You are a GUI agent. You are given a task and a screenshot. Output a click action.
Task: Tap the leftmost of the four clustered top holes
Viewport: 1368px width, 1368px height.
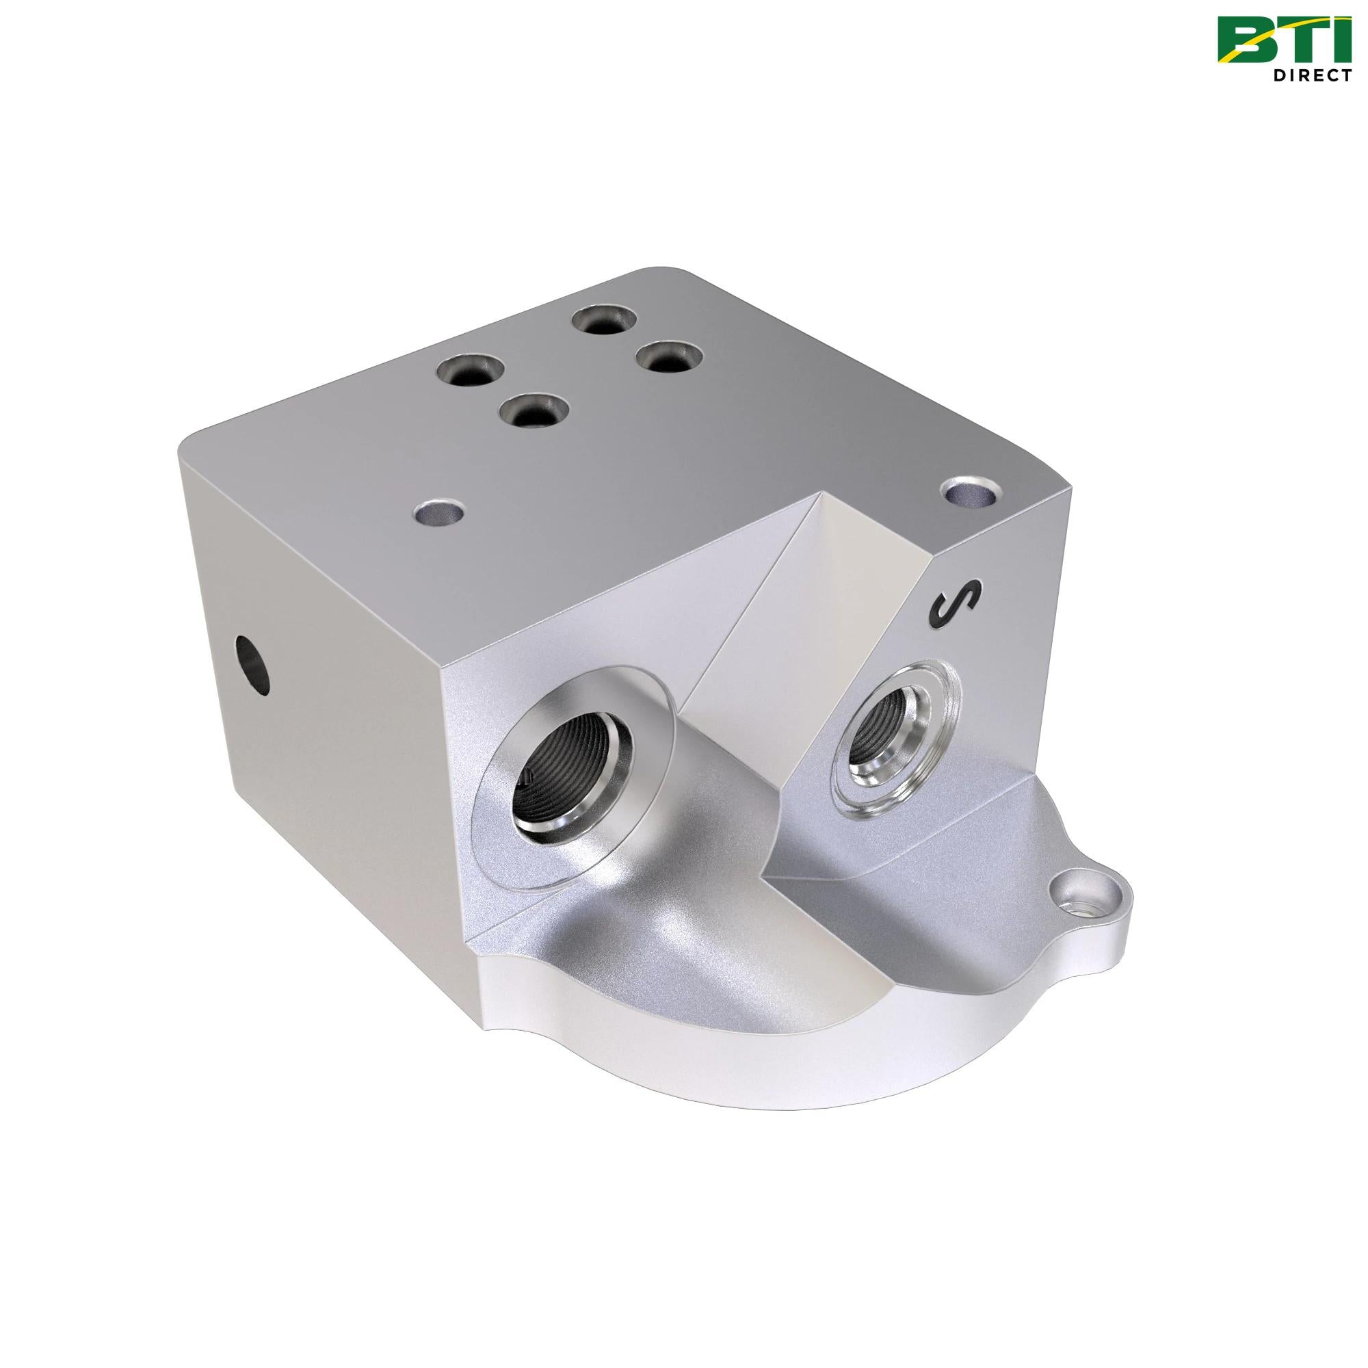coord(470,370)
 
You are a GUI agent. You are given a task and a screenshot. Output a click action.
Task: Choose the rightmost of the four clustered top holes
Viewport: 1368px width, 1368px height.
coord(668,356)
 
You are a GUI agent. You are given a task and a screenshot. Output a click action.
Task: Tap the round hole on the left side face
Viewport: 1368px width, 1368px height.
coord(253,660)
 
